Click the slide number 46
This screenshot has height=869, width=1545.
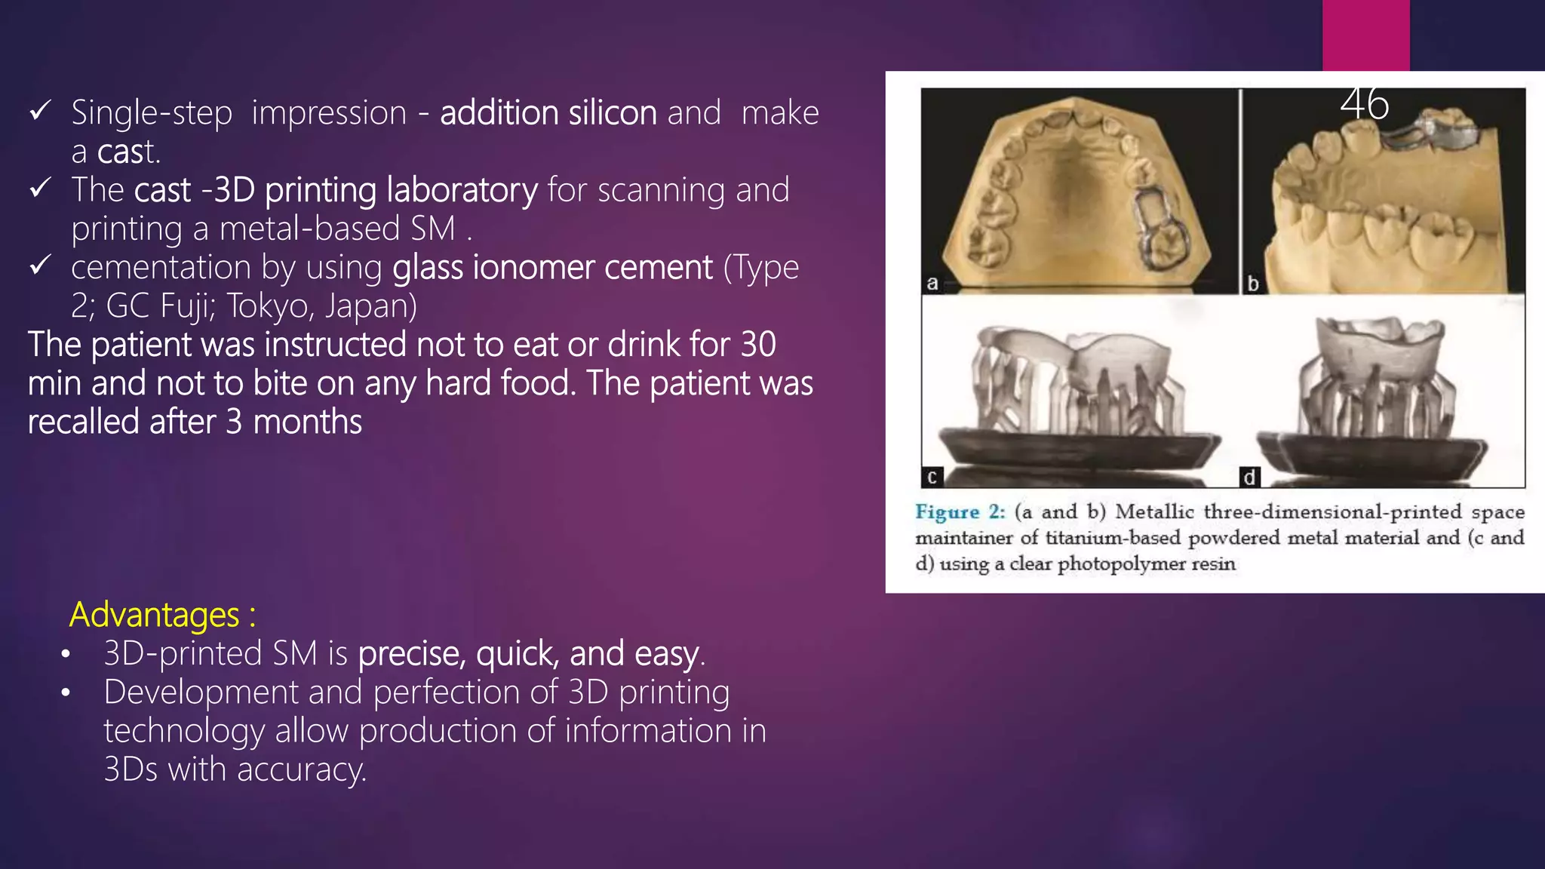1364,104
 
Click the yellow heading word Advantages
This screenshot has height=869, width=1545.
155,615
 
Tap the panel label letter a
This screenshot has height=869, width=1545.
932,284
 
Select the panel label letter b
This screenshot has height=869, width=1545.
1253,284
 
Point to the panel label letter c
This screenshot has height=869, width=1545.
932,477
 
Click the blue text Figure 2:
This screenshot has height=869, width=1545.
960,512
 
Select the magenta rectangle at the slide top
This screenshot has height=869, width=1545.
1365,35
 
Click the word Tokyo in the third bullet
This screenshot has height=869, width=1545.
272,306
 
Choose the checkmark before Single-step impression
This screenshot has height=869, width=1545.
40,112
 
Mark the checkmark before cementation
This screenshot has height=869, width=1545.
40,266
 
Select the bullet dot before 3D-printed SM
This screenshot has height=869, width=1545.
66,654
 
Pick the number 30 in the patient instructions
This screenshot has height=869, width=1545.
757,345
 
